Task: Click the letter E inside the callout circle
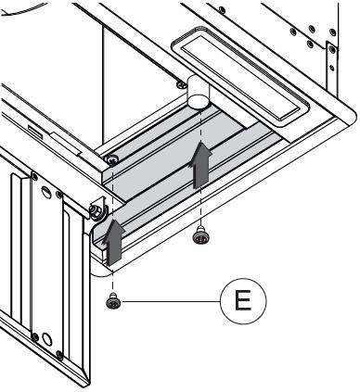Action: click(x=243, y=301)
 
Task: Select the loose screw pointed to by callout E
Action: click(x=113, y=302)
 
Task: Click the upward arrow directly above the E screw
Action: click(x=113, y=242)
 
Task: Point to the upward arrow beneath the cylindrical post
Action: click(x=201, y=165)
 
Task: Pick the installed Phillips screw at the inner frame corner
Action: click(x=111, y=159)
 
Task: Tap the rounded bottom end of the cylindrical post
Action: click(x=199, y=102)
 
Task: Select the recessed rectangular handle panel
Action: click(x=240, y=77)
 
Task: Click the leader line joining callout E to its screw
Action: click(x=171, y=301)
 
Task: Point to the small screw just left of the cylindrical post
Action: click(x=181, y=84)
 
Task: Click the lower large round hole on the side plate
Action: click(x=47, y=339)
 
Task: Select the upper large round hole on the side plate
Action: click(x=45, y=192)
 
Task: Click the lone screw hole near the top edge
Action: click(x=222, y=10)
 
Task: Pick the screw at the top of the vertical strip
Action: click(x=332, y=49)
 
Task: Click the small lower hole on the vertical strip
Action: click(x=332, y=68)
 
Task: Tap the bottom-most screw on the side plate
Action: click(x=59, y=354)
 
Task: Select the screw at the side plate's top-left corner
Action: click(x=34, y=177)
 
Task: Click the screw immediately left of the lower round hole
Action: click(x=35, y=336)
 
